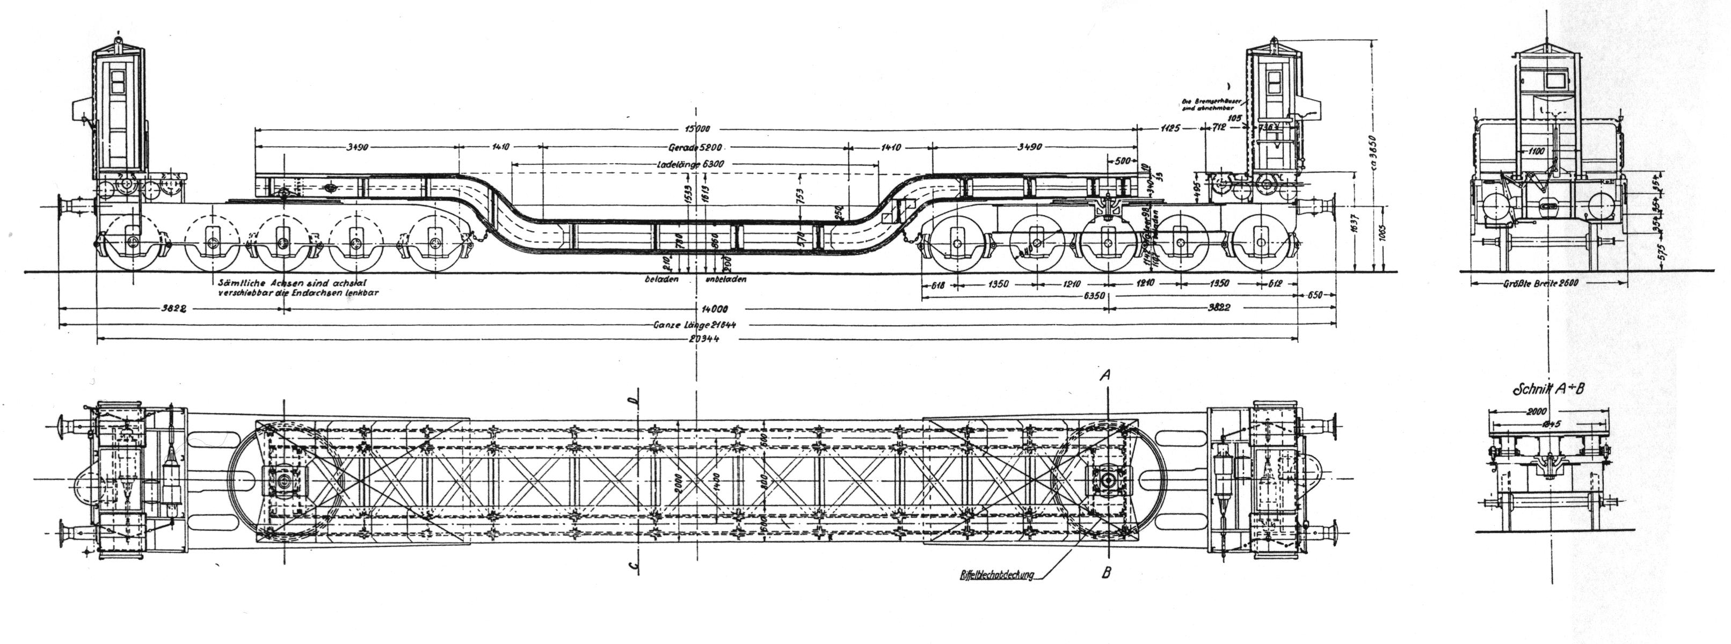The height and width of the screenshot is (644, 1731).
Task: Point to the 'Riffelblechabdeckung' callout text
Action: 997,574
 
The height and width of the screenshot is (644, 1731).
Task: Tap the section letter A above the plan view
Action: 1103,378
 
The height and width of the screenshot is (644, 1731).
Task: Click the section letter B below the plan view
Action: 1107,573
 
